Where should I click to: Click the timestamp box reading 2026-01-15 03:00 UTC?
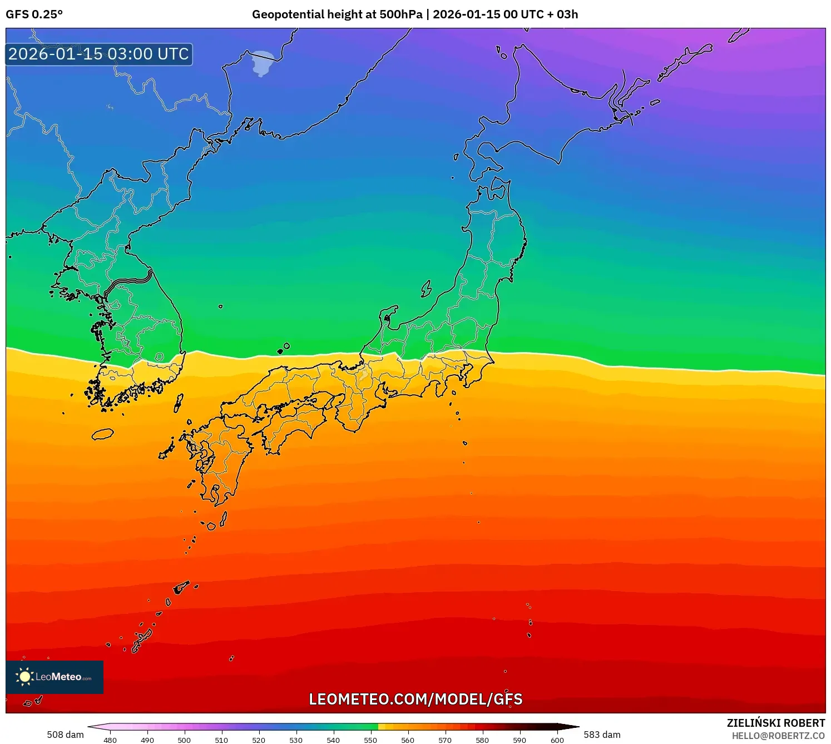[99, 54]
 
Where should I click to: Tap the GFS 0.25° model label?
[34, 14]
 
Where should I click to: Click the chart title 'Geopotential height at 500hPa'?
[337, 14]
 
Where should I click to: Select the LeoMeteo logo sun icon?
[24, 677]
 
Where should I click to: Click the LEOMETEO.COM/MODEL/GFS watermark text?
[415, 699]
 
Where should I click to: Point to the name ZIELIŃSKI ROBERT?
[775, 723]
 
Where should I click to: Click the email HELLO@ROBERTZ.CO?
[778, 736]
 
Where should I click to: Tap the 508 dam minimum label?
[65, 735]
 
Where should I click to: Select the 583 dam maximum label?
[602, 735]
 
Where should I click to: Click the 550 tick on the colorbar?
[370, 740]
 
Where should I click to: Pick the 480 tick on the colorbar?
[110, 740]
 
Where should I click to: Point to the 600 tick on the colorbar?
[557, 740]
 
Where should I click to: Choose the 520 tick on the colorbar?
[259, 740]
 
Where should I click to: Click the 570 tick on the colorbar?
[445, 740]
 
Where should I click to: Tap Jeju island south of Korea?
[102, 434]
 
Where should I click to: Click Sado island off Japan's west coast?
[426, 289]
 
